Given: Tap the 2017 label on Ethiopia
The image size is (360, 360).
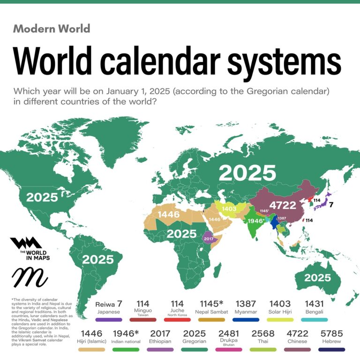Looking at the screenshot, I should tap(208, 238).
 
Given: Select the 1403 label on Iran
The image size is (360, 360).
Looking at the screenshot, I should tap(230, 208).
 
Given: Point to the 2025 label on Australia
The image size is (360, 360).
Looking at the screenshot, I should tap(317, 277).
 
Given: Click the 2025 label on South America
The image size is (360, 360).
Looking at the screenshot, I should tap(97, 259).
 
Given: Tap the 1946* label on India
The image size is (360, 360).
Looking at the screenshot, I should tap(255, 221).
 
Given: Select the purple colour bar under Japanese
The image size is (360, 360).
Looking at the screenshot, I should tap(108, 320).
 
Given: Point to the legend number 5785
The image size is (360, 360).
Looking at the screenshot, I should tap(332, 333).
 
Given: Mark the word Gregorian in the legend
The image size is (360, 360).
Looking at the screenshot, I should tap(194, 341).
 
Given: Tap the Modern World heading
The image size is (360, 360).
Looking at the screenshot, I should tap(52, 29).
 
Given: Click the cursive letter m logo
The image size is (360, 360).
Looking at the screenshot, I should tap(29, 277).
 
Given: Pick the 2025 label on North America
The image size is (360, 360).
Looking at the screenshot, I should tap(42, 197).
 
